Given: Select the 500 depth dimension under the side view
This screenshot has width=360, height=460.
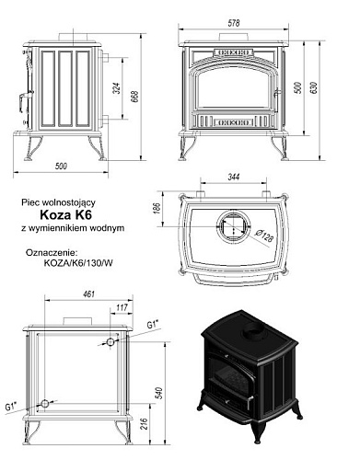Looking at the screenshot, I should [61, 167].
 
